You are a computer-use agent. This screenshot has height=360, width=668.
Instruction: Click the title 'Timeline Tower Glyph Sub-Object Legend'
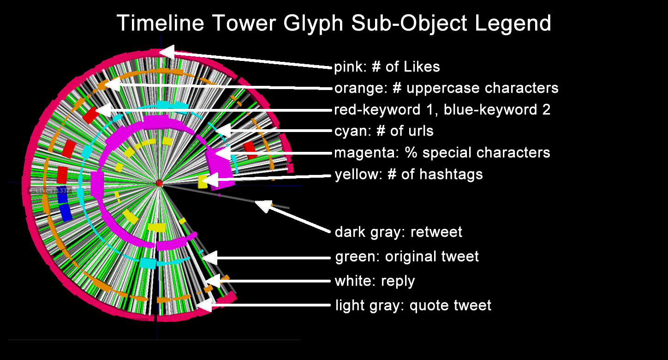coord(334,23)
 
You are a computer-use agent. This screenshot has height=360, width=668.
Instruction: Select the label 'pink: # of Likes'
coord(387,67)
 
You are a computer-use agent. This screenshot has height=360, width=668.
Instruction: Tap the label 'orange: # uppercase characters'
coord(446,88)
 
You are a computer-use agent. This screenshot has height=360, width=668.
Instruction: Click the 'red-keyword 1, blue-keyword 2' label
coord(442,110)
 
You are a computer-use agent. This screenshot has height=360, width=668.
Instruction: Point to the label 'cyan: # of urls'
coord(384,131)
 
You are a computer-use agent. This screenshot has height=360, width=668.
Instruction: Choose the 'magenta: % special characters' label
coord(442,152)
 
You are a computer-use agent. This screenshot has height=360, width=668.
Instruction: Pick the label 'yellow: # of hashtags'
coord(408,174)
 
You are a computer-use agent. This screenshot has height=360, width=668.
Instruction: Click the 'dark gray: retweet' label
coord(398,232)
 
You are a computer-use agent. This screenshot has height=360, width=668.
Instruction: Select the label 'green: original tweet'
coord(407,256)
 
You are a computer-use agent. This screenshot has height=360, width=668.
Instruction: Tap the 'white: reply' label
coord(375,281)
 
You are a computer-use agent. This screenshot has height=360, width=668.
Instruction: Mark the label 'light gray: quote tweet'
coord(413,305)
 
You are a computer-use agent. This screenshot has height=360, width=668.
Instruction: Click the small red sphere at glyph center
coord(160,183)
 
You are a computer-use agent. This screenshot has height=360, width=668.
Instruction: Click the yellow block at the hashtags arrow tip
coord(203,181)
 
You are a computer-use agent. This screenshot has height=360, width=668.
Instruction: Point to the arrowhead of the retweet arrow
coord(262,206)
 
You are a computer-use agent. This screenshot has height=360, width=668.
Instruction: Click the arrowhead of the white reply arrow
coord(212,280)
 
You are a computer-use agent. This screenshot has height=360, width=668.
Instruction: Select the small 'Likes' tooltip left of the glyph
coord(49,190)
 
